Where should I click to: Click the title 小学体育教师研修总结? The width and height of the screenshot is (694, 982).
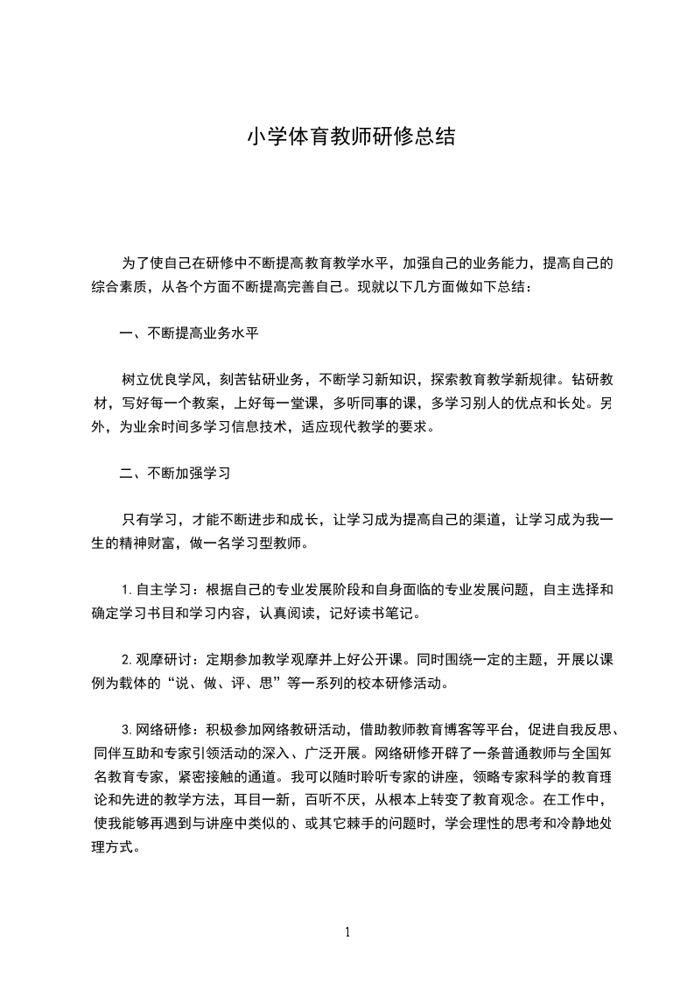click(x=350, y=137)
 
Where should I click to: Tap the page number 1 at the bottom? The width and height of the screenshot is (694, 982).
click(x=347, y=932)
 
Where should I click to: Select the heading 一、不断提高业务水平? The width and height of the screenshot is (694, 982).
click(x=188, y=333)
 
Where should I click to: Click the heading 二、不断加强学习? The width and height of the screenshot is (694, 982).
click(x=175, y=473)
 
